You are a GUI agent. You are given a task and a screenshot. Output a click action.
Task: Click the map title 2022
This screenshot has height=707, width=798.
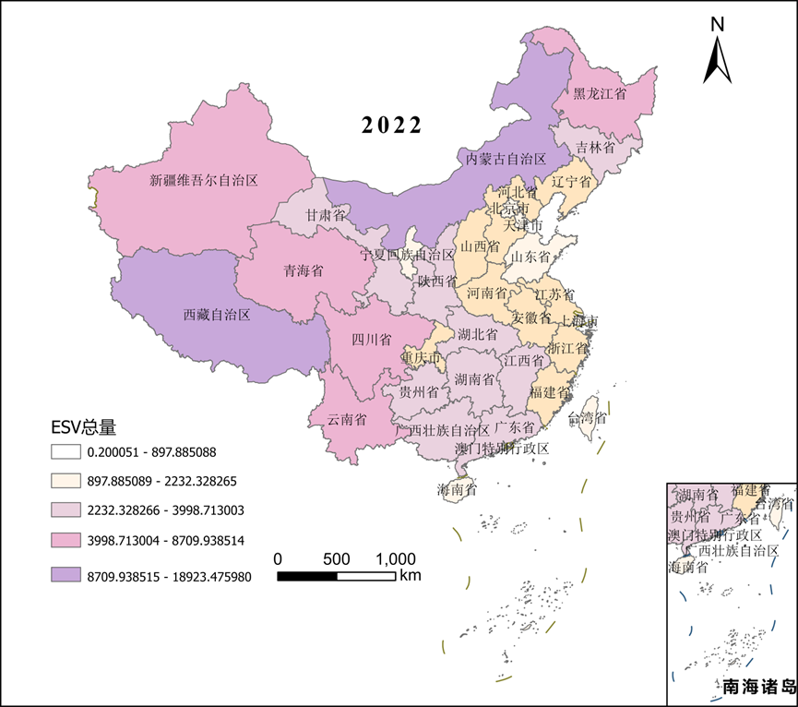[x=391, y=126]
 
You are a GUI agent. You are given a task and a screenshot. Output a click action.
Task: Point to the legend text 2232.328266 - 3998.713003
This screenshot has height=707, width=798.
[x=165, y=509]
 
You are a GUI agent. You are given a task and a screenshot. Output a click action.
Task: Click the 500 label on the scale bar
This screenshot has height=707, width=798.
[x=337, y=559]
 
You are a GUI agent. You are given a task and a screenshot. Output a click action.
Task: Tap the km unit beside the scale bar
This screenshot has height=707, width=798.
[x=411, y=575]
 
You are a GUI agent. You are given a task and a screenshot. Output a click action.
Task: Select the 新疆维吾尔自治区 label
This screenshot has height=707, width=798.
[x=203, y=181]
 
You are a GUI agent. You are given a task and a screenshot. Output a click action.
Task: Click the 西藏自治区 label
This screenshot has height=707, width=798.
[x=217, y=315]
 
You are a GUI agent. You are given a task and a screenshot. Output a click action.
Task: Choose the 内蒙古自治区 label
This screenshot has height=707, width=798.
[x=506, y=160]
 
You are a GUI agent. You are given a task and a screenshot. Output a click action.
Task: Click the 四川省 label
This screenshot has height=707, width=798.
[x=372, y=339]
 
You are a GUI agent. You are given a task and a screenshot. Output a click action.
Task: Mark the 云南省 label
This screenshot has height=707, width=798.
[x=347, y=419]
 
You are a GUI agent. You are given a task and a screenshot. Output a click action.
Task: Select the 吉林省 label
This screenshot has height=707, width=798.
[x=595, y=147]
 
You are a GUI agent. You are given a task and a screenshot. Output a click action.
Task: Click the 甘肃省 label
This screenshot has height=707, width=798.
[x=327, y=215]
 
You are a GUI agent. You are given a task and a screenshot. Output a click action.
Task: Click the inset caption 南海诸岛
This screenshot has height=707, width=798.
[x=758, y=688]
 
